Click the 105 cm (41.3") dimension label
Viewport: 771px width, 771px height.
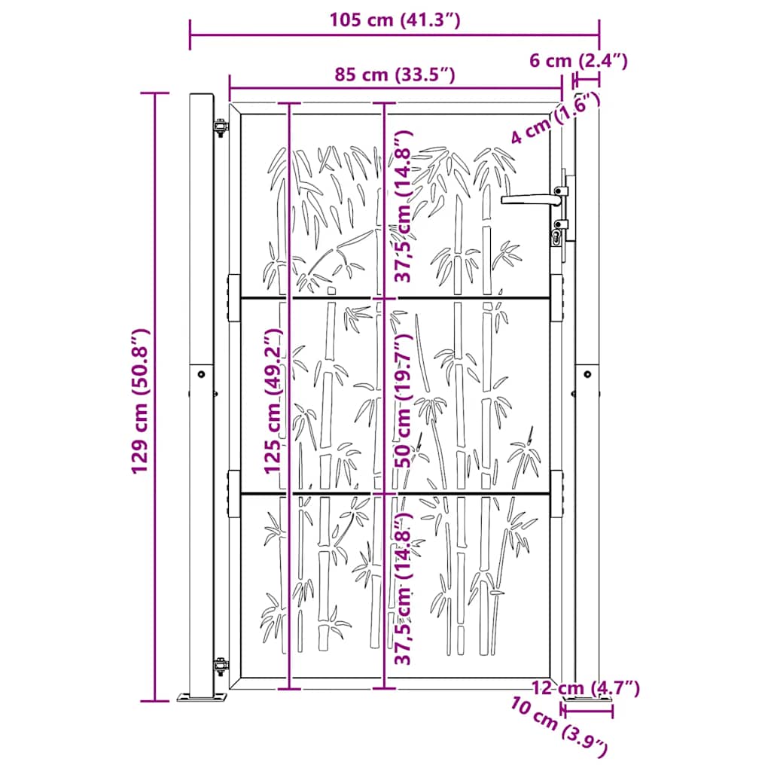(x=394, y=20)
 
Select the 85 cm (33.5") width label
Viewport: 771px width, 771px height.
(x=395, y=74)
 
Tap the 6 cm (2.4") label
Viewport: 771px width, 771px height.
(x=578, y=61)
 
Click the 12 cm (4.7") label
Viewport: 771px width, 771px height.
(x=585, y=687)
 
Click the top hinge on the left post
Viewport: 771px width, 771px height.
(x=220, y=127)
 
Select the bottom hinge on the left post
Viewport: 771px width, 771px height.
(x=220, y=666)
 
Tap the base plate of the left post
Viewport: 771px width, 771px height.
(x=201, y=698)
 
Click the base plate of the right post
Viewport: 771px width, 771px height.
(x=587, y=707)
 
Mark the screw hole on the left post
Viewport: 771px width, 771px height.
(x=201, y=373)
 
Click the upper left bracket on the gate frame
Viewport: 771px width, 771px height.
(x=233, y=298)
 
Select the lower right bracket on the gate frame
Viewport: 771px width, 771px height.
(x=557, y=494)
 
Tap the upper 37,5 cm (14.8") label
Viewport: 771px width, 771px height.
(x=405, y=206)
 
